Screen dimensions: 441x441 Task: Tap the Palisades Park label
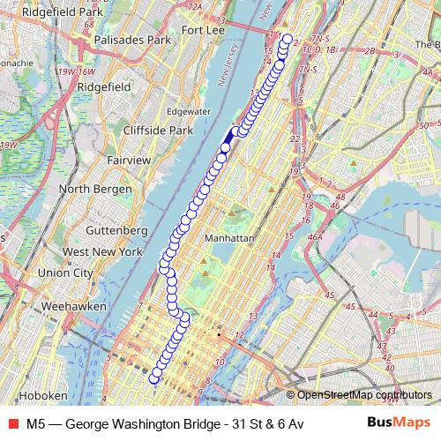tap(132, 40)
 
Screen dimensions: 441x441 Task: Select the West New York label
tap(102, 251)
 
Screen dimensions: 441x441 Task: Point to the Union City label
tap(64, 273)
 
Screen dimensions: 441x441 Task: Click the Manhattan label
tap(228, 239)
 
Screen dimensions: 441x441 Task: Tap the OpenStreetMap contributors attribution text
tap(364, 395)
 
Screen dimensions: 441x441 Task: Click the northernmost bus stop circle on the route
tap(286, 39)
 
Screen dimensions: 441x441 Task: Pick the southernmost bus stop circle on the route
tap(155, 378)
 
